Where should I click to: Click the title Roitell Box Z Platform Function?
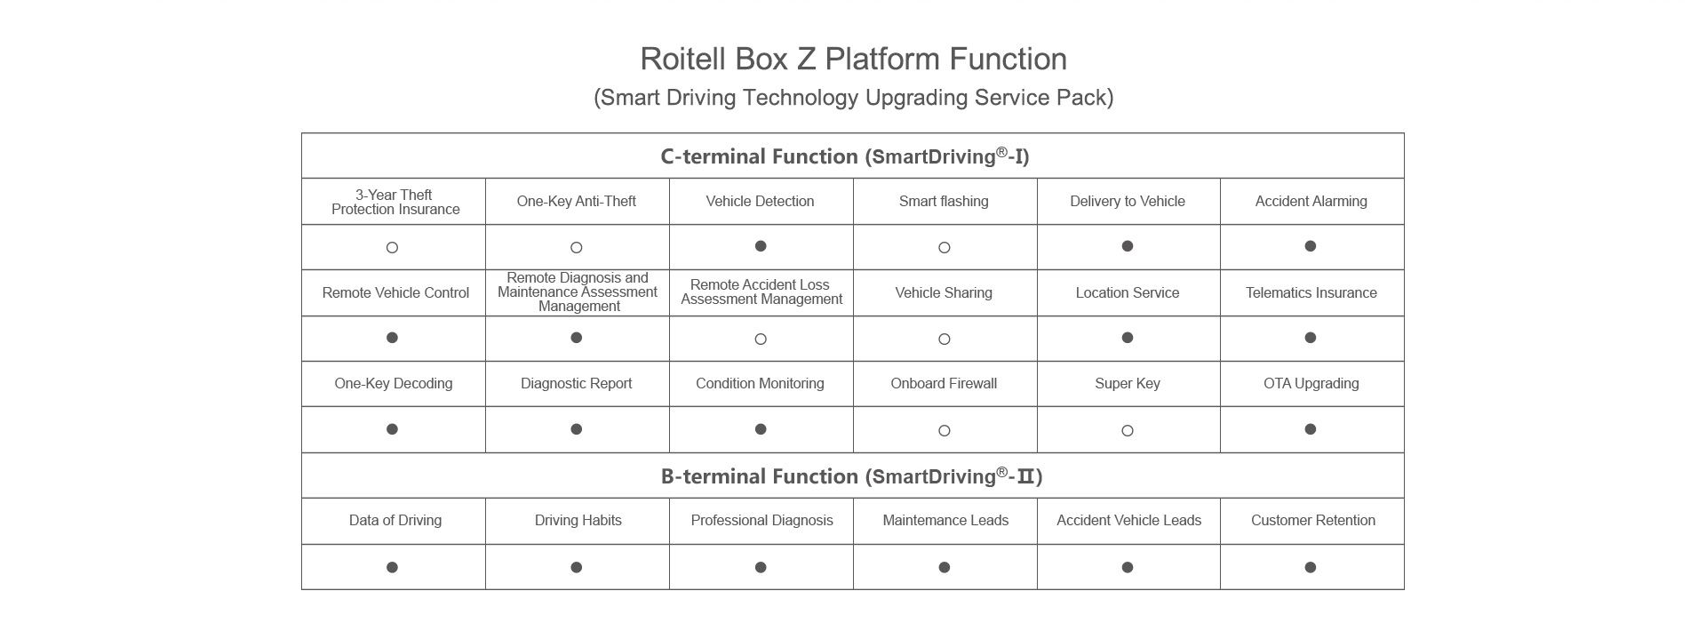coord(853,59)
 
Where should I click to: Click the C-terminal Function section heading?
coord(844,156)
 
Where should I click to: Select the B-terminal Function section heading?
coord(851,476)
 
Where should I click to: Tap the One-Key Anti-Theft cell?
coord(577,201)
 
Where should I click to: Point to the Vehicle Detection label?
coord(760,201)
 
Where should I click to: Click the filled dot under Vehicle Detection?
coord(761,246)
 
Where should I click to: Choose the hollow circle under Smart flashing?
coord(945,248)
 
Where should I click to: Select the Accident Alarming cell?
coord(1311,201)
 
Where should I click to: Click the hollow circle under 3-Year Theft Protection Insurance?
coord(392,248)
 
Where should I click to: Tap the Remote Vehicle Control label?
coord(395,292)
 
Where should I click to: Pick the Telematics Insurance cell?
coord(1311,292)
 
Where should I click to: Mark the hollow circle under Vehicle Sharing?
coord(945,339)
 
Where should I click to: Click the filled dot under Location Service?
coord(1128,338)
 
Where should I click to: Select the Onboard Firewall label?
coord(944,383)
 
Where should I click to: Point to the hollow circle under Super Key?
coord(1128,431)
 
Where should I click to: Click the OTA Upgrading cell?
coord(1311,383)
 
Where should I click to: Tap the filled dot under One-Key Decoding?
coord(392,429)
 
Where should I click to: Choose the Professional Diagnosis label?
coord(762,520)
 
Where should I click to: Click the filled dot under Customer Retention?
coord(1311,567)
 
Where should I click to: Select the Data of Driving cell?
coord(395,520)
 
